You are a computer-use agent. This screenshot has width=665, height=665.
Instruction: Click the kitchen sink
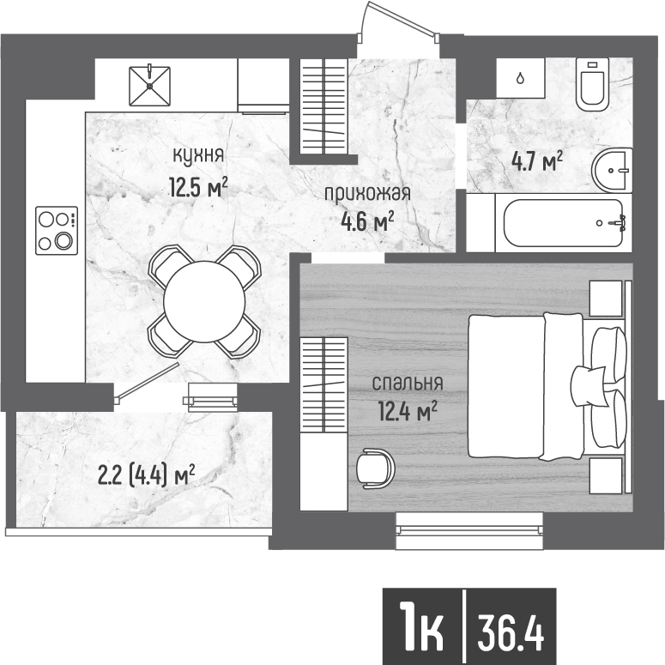(150, 84)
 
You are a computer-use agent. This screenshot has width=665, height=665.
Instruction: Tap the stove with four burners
(56, 231)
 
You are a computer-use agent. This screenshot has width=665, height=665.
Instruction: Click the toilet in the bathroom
(592, 83)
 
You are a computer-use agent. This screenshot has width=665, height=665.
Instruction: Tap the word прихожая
(367, 194)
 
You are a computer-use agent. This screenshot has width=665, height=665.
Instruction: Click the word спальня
(407, 384)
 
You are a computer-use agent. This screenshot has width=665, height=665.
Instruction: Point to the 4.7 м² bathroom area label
(536, 160)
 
